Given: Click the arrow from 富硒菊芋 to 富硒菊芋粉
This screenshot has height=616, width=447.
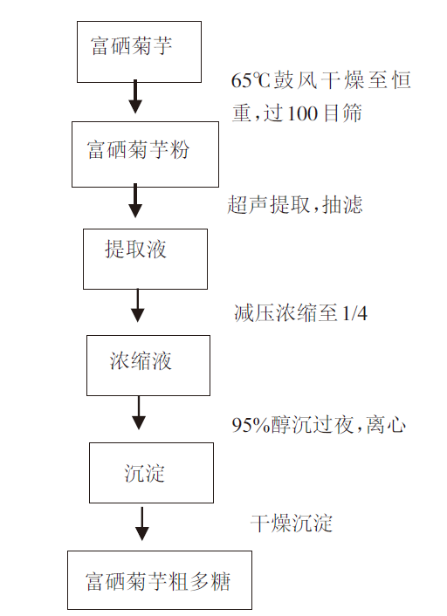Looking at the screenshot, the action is click(x=135, y=97).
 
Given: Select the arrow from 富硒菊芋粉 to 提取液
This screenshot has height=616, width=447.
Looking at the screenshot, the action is click(x=135, y=201).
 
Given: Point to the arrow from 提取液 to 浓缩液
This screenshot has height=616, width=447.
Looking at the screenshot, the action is click(x=138, y=305).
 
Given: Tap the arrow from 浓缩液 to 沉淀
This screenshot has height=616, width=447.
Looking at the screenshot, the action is click(x=139, y=413).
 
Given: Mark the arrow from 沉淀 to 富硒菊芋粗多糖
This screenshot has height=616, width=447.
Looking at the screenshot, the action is click(x=142, y=524).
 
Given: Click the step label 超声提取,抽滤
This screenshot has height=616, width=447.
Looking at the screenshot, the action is click(x=295, y=205).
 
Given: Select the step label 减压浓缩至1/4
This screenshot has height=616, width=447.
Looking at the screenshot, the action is click(x=300, y=313).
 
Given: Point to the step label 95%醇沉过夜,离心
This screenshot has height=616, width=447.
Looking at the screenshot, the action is click(x=319, y=425).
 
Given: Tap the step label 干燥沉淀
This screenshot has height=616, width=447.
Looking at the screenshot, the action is click(x=292, y=524).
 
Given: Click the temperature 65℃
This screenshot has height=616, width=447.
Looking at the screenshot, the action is click(x=251, y=80).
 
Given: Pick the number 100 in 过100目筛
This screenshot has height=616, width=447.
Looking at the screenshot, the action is click(x=302, y=113).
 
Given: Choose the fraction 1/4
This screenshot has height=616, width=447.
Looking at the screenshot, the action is click(x=355, y=313).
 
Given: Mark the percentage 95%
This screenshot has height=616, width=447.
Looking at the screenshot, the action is click(x=251, y=425).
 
